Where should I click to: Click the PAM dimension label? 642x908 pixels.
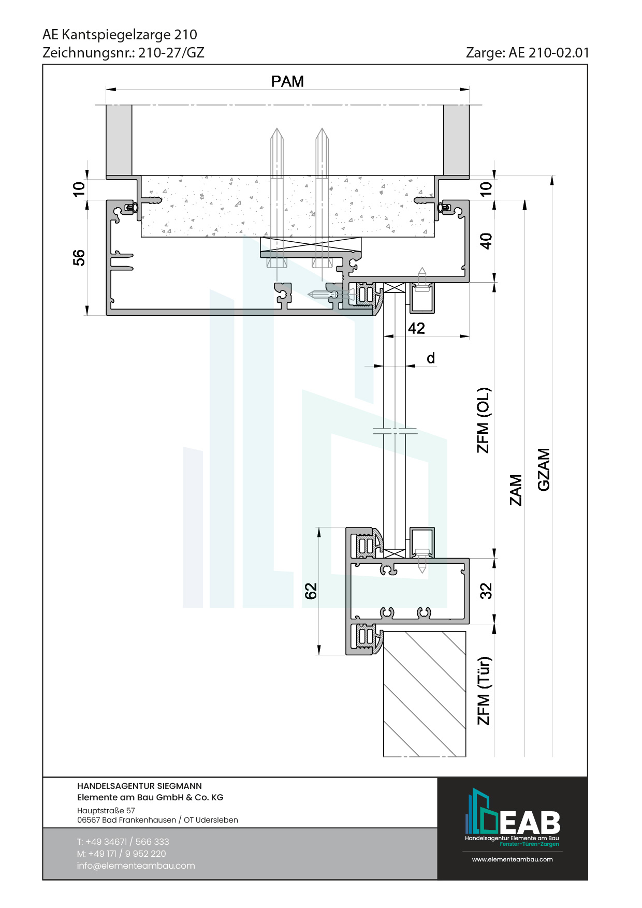pyautogui.click(x=287, y=82)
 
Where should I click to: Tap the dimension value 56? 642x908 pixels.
pyautogui.click(x=79, y=257)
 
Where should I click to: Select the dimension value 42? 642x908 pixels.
pyautogui.click(x=416, y=328)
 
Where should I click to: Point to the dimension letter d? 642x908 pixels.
pyautogui.click(x=431, y=358)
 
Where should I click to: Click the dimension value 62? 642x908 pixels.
pyautogui.click(x=311, y=591)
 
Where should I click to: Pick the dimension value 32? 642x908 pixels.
pyautogui.click(x=486, y=591)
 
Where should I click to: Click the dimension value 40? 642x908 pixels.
pyautogui.click(x=486, y=241)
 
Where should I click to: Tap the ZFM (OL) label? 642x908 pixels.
pyautogui.click(x=483, y=420)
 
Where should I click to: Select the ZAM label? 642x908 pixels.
pyautogui.click(x=516, y=490)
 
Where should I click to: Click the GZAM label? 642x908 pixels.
pyautogui.click(x=543, y=469)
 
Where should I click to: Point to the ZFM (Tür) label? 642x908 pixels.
pyautogui.click(x=483, y=691)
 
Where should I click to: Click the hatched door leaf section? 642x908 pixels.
pyautogui.click(x=425, y=694)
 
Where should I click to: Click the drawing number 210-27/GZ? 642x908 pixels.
pyautogui.click(x=171, y=53)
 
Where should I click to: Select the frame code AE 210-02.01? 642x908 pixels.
pyautogui.click(x=549, y=53)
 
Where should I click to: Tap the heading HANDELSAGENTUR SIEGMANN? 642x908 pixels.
pyautogui.click(x=139, y=786)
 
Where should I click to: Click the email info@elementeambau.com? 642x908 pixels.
pyautogui.click(x=136, y=866)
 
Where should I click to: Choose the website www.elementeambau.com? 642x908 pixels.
pyautogui.click(x=512, y=859)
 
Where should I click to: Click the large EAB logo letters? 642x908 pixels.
pyautogui.click(x=530, y=822)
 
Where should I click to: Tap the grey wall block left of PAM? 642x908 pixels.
pyautogui.click(x=119, y=140)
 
